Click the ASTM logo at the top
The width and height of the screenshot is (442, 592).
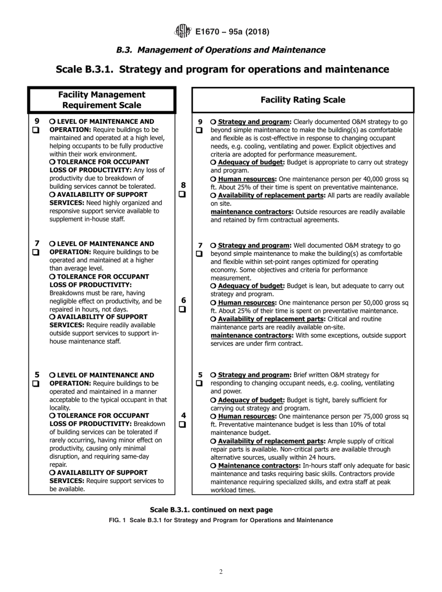click(x=182, y=32)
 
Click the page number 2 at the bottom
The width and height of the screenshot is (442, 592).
click(x=221, y=572)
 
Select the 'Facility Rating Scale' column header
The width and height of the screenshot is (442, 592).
click(x=303, y=100)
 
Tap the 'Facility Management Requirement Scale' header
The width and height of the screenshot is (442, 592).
click(x=101, y=100)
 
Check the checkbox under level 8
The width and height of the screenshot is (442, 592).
click(x=182, y=194)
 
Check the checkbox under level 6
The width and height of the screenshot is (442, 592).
click(x=182, y=309)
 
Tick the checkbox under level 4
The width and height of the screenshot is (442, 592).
click(x=182, y=424)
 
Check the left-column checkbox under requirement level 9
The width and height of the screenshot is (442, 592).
click(x=36, y=130)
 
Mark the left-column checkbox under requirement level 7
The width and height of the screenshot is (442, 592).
click(x=36, y=252)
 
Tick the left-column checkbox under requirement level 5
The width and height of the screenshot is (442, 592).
click(x=36, y=383)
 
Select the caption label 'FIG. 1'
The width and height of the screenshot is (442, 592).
click(x=118, y=520)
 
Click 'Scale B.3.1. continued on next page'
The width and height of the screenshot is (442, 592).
click(x=211, y=510)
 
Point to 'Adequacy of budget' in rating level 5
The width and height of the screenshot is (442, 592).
click(x=251, y=400)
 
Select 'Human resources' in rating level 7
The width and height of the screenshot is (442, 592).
click(x=247, y=303)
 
